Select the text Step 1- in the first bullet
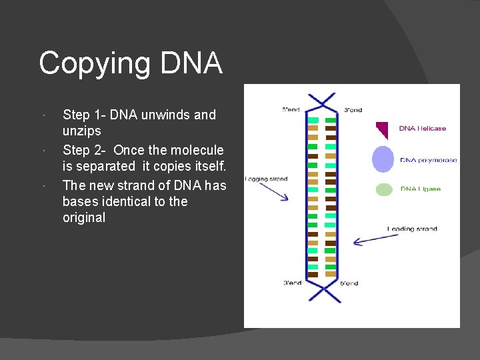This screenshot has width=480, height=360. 84,115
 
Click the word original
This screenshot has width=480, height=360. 84,218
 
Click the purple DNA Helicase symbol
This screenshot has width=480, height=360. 383,129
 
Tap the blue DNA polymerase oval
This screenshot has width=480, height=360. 383,159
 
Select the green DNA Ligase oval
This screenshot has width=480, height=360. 384,189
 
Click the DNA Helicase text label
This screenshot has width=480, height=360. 423,128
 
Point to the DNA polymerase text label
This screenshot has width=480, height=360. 428,160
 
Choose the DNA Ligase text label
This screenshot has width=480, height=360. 421,189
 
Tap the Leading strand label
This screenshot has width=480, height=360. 412,229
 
